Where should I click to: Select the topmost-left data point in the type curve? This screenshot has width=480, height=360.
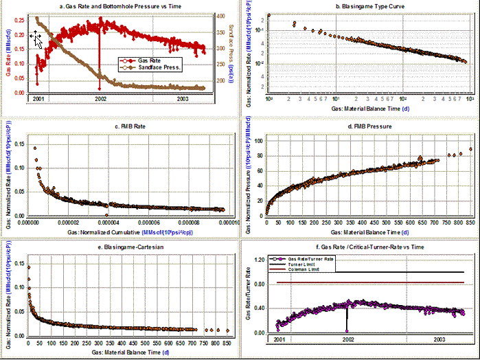tap(269, 15)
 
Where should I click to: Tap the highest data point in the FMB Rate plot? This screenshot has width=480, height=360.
tap(35, 148)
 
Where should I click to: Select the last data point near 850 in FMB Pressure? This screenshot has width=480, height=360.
tap(470, 149)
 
